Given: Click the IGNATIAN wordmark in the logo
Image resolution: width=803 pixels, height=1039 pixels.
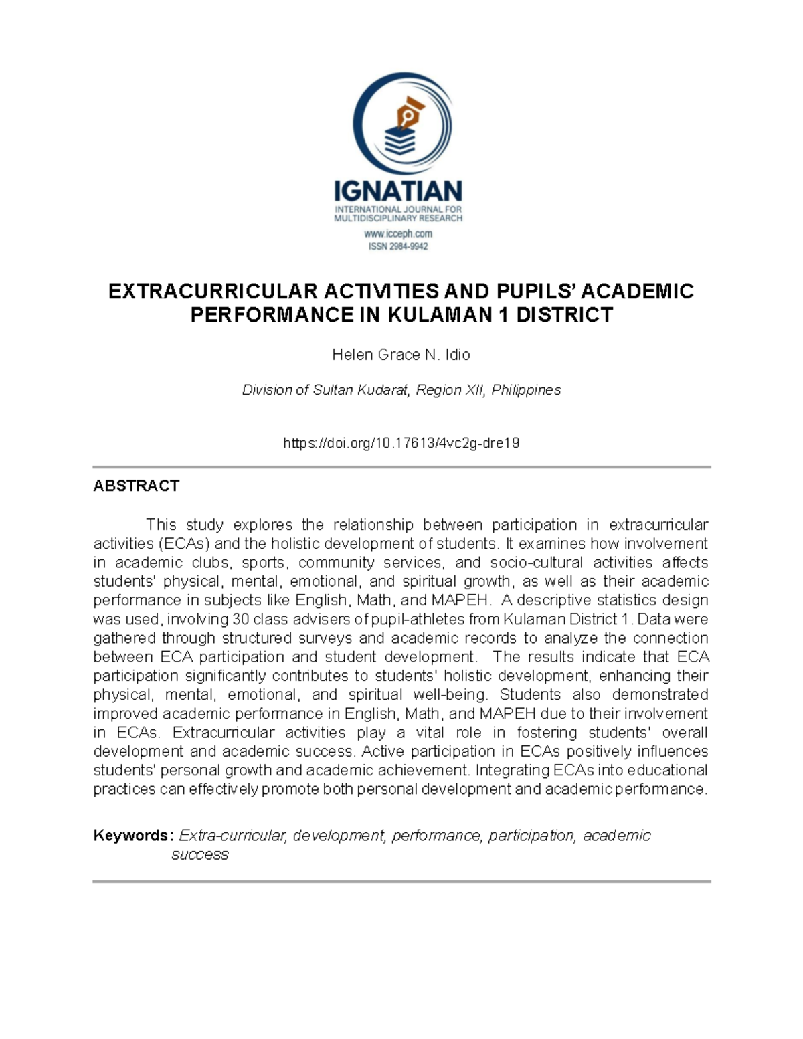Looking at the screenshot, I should pyautogui.click(x=398, y=191).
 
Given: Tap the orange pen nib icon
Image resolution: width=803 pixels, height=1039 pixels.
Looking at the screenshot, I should pyautogui.click(x=409, y=114).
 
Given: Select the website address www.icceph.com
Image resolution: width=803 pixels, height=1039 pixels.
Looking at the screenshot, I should pyautogui.click(x=398, y=234).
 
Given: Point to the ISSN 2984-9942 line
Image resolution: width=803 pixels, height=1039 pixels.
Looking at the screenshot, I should pyautogui.click(x=398, y=246).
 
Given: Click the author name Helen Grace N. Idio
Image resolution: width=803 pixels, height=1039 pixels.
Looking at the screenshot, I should pyautogui.click(x=401, y=355).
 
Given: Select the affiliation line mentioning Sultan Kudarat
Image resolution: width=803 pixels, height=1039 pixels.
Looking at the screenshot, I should pyautogui.click(x=401, y=390).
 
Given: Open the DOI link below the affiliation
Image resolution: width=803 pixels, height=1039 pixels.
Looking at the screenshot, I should pyautogui.click(x=401, y=443).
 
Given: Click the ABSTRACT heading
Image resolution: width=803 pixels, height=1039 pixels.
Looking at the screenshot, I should pyautogui.click(x=136, y=486).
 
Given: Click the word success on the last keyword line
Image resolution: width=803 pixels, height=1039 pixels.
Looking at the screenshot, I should pyautogui.click(x=199, y=854).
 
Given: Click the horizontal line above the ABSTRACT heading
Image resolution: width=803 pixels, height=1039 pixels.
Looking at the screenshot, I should pyautogui.click(x=401, y=467).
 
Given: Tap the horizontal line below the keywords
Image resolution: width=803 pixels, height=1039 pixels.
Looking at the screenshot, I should pyautogui.click(x=401, y=882).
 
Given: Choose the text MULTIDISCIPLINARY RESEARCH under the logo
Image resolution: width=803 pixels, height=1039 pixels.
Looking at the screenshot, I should pyautogui.click(x=398, y=218).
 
